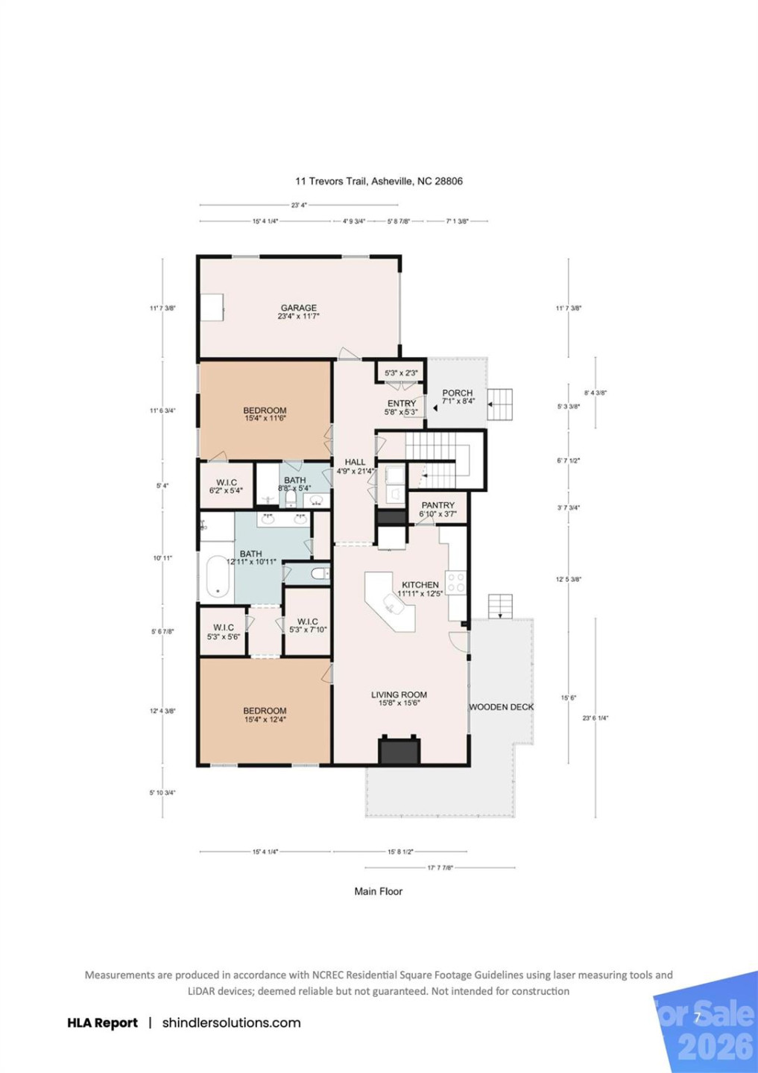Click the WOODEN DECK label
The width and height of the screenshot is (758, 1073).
[501, 707]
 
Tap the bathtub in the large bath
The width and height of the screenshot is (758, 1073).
[218, 577]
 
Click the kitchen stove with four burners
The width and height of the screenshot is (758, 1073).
[456, 582]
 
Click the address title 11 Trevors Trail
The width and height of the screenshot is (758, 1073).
[379, 181]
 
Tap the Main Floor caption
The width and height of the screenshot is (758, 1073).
[378, 891]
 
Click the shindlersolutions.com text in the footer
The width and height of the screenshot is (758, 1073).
[231, 1023]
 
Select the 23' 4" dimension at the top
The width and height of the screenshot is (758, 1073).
[298, 205]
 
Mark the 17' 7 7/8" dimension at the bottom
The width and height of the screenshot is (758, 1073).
[440, 868]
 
